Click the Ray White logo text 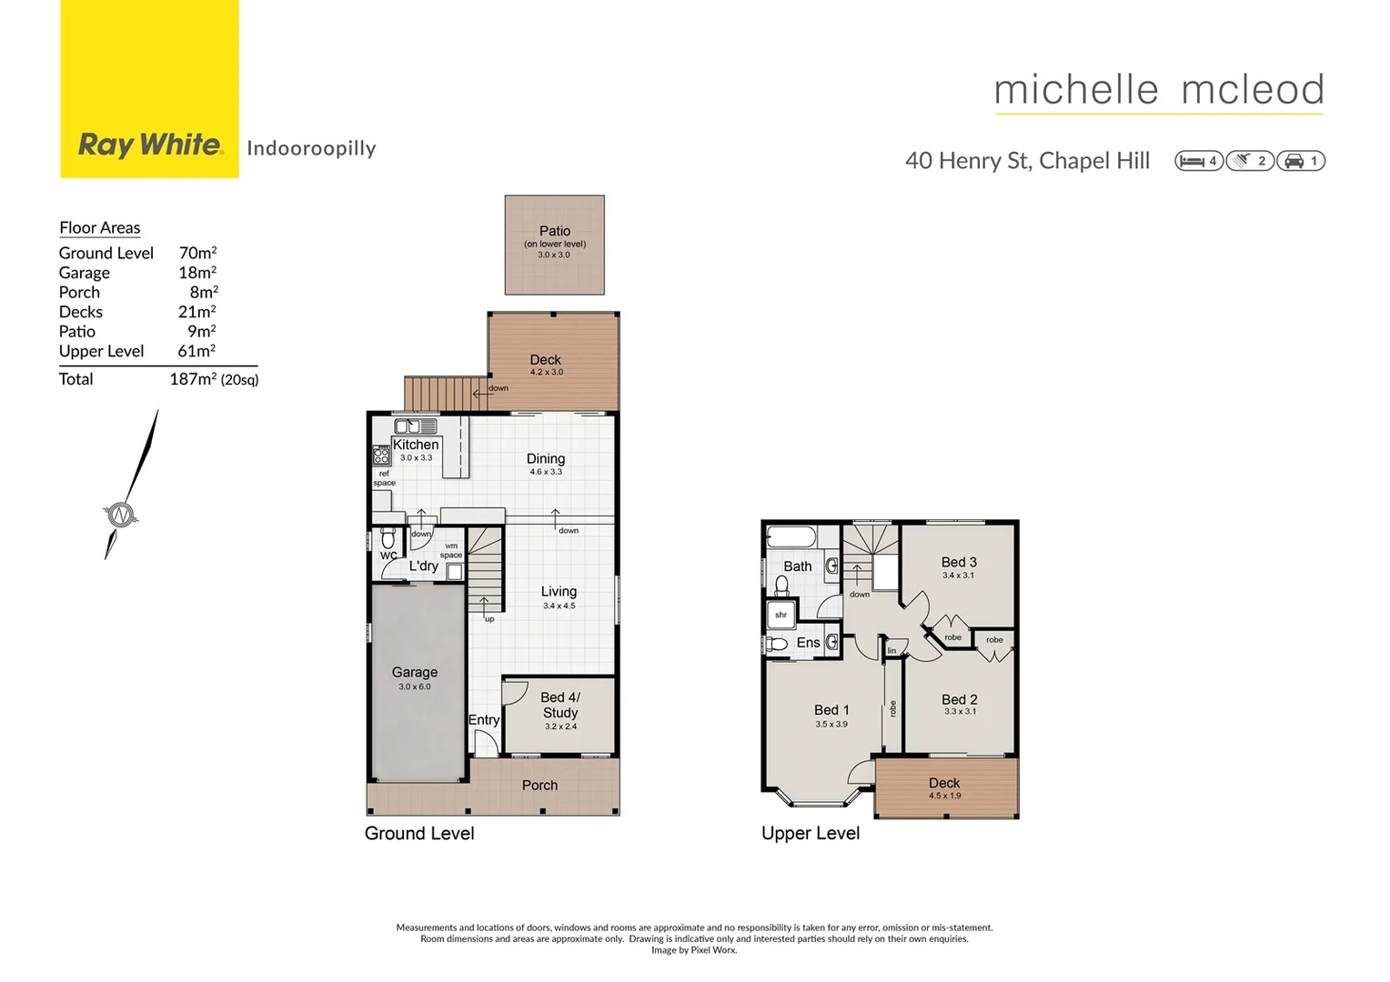[150, 145]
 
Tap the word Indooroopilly [311, 148]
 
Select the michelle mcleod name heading [1159, 90]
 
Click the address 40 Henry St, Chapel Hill [1027, 161]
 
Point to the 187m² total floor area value [193, 379]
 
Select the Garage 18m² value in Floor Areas [197, 273]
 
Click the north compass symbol [120, 515]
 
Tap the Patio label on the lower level [555, 231]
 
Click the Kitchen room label [416, 445]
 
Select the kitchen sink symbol [416, 426]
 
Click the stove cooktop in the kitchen [381, 455]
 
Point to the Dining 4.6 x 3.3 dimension [546, 472]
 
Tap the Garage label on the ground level [415, 672]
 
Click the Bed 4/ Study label [560, 705]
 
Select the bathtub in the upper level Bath [791, 536]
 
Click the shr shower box [781, 615]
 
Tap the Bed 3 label [959, 562]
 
